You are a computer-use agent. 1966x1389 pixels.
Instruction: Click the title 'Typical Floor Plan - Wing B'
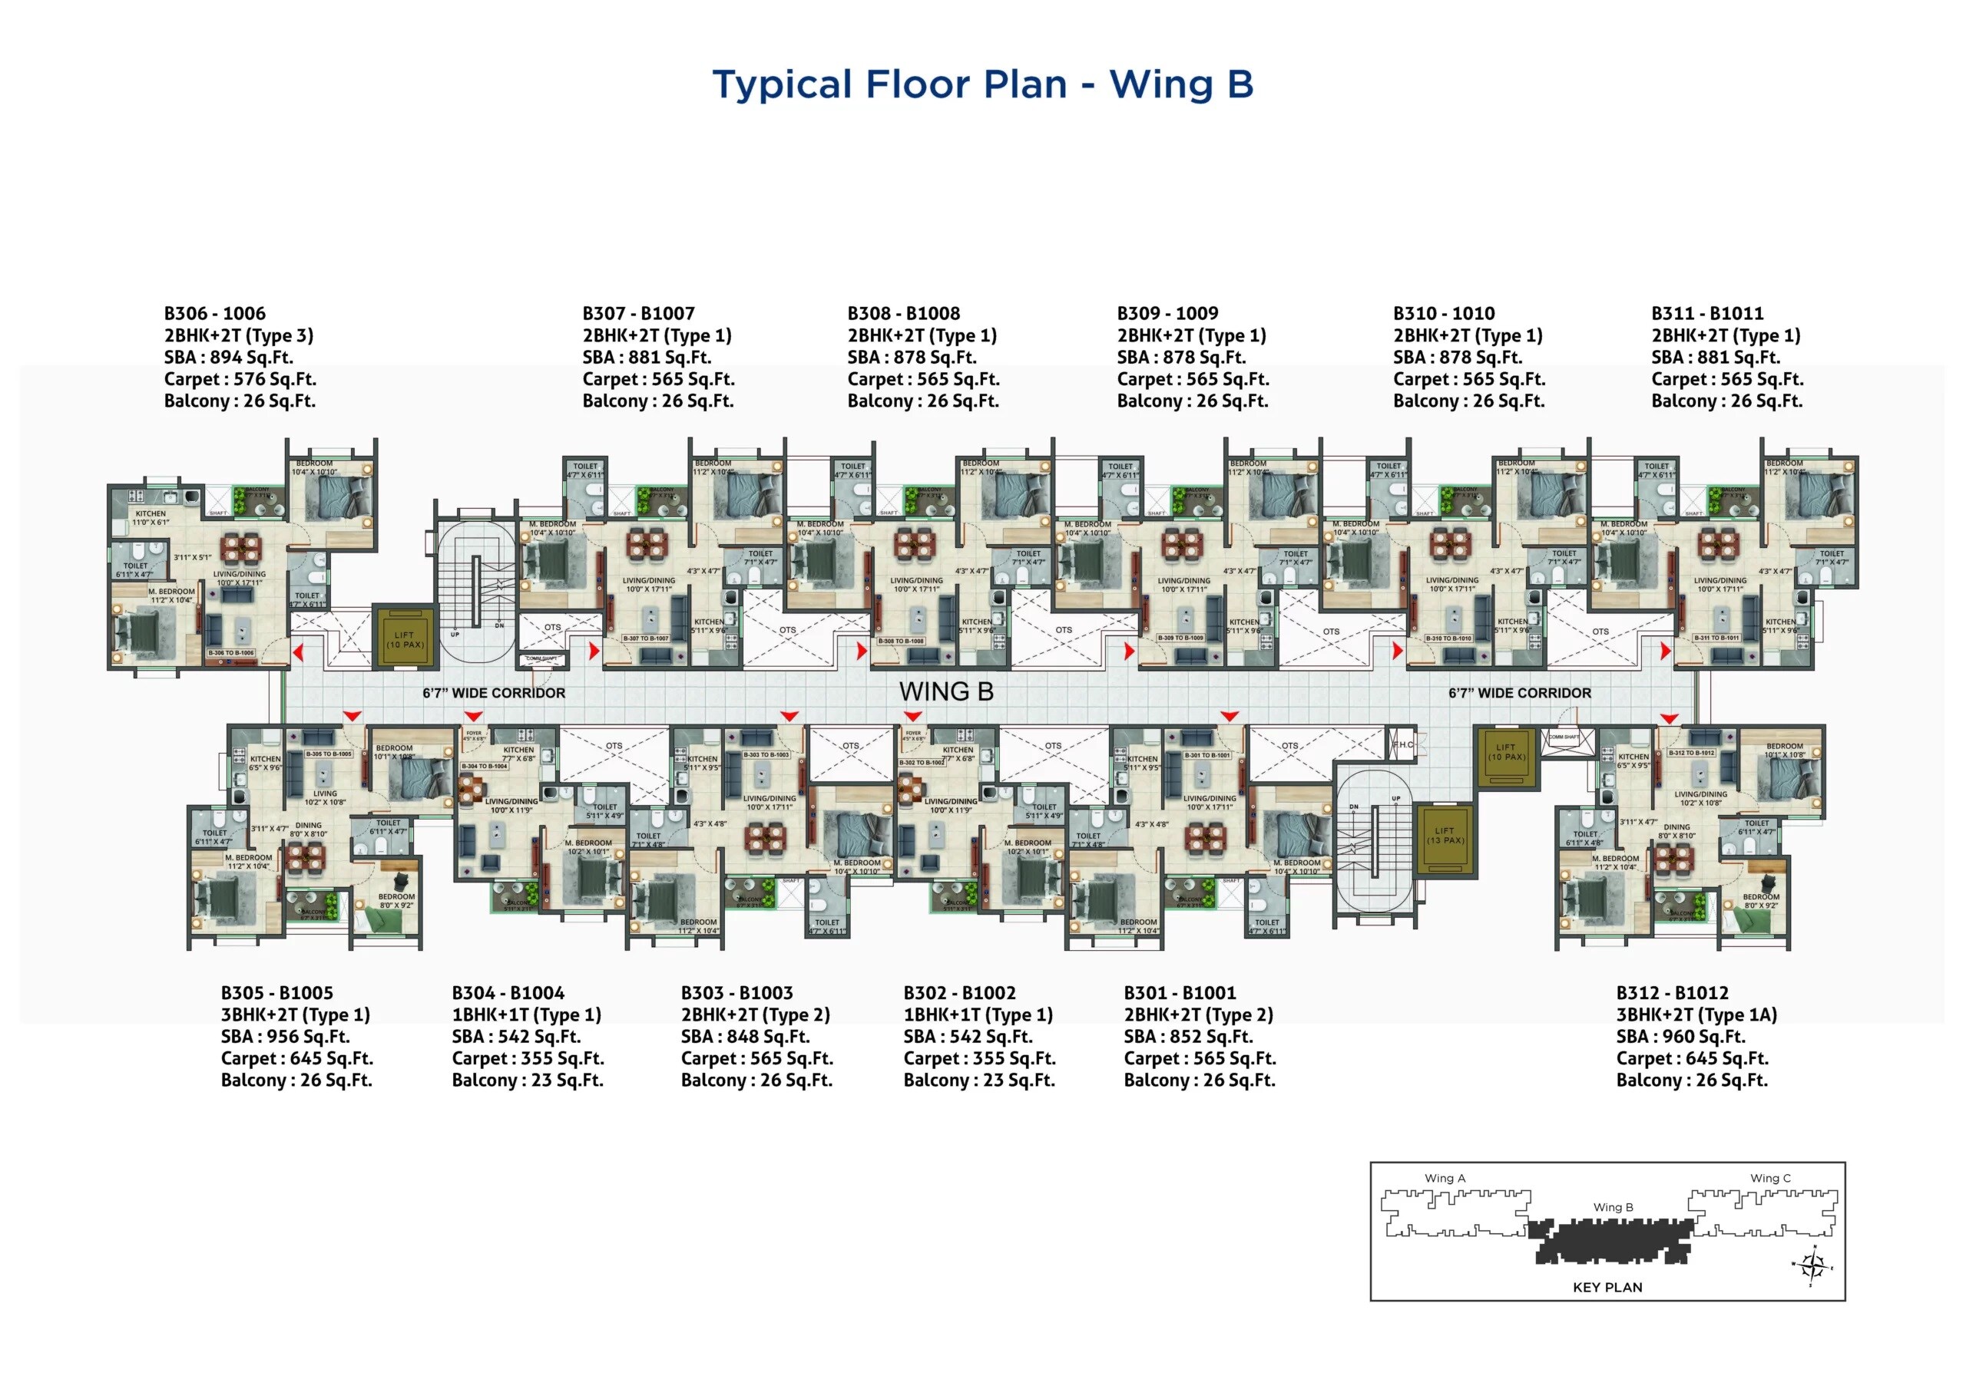pyautogui.click(x=982, y=84)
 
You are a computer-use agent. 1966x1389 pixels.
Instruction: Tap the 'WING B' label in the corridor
pyautogui.click(x=945, y=691)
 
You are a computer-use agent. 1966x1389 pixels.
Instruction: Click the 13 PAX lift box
pyautogui.click(x=1444, y=836)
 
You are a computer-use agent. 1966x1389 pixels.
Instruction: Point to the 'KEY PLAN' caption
pyautogui.click(x=1607, y=1287)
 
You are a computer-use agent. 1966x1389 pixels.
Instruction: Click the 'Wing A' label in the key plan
pyautogui.click(x=1445, y=1179)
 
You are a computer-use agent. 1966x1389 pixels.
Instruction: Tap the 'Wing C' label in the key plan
pyautogui.click(x=1769, y=1179)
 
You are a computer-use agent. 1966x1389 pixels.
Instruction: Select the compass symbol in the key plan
pyautogui.click(x=1811, y=1265)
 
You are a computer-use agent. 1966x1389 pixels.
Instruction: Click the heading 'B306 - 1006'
pyautogui.click(x=215, y=313)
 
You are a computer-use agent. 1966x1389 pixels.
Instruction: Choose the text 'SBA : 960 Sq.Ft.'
pyautogui.click(x=1680, y=1037)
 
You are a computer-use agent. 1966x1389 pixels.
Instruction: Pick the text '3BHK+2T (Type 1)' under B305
pyautogui.click(x=296, y=1015)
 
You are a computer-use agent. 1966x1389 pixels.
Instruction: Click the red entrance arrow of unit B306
pyautogui.click(x=299, y=653)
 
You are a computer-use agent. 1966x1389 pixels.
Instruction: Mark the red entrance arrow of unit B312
pyautogui.click(x=1669, y=719)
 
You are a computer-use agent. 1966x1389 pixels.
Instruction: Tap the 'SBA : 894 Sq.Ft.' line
pyautogui.click(x=229, y=358)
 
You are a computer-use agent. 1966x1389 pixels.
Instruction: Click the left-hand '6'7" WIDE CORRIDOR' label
pyautogui.click(x=493, y=693)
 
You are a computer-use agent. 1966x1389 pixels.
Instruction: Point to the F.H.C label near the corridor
pyautogui.click(x=1402, y=744)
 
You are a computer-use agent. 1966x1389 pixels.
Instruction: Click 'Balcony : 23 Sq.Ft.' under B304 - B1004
pyautogui.click(x=528, y=1080)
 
